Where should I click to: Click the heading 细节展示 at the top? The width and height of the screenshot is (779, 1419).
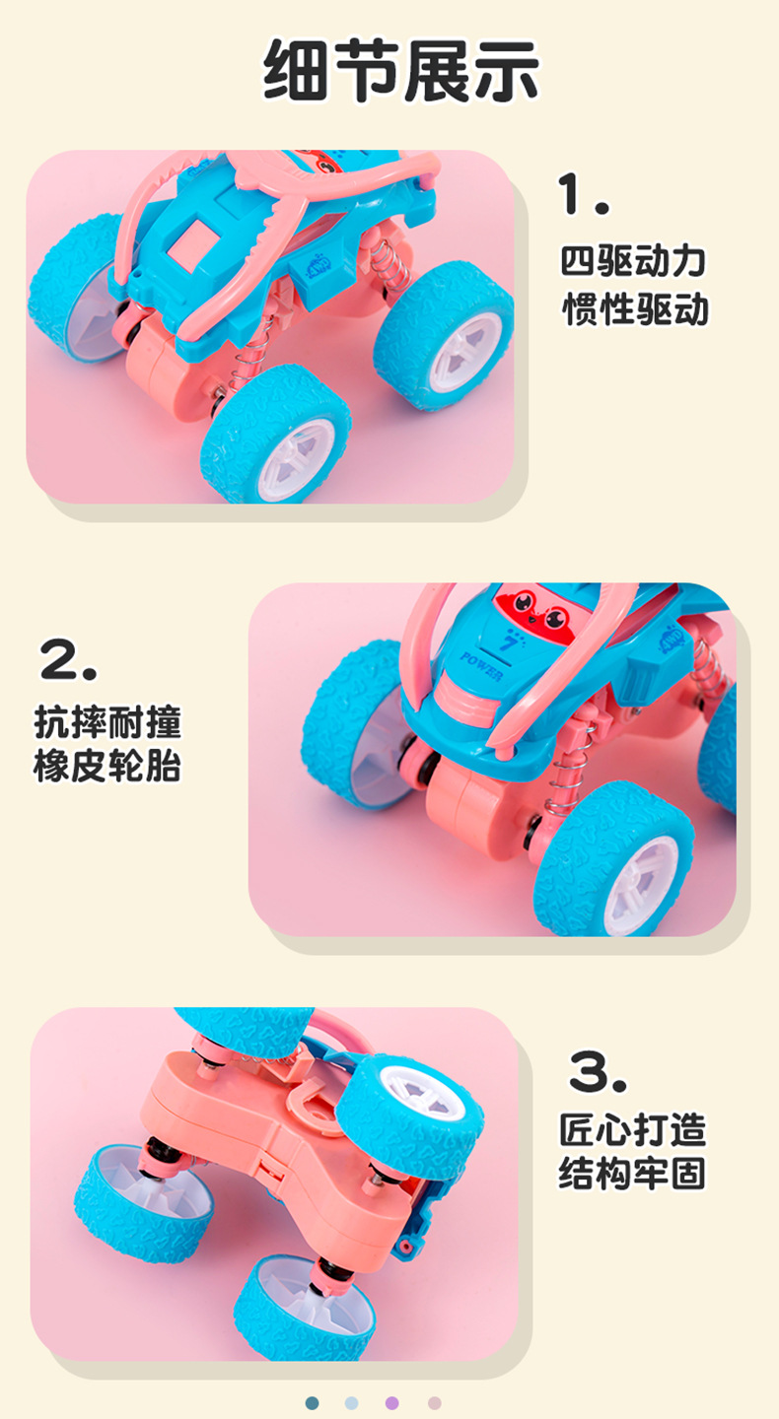(x=401, y=72)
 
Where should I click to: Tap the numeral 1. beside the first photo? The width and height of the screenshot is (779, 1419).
(x=583, y=193)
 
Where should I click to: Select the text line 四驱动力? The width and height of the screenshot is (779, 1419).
(x=634, y=261)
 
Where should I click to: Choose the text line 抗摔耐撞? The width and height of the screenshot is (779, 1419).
(x=107, y=722)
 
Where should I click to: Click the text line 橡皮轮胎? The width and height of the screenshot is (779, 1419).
(x=107, y=767)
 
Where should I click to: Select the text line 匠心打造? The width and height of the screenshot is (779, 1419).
(x=633, y=1129)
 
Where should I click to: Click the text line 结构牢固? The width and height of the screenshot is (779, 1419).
(x=633, y=1174)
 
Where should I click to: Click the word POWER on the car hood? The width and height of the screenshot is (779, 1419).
(x=481, y=665)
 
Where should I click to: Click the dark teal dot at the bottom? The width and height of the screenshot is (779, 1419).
(x=313, y=1402)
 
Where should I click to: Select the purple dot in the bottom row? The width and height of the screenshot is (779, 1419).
(x=392, y=1402)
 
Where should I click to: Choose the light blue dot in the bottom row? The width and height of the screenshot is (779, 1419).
(x=352, y=1402)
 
